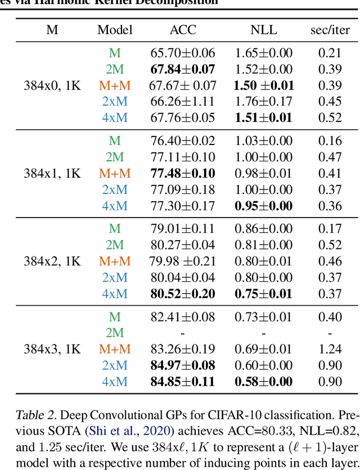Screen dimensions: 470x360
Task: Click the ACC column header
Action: (x=182, y=30)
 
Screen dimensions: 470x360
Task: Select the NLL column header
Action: (x=263, y=30)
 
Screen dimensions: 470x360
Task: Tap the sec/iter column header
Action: (x=330, y=30)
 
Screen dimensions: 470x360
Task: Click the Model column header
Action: (x=115, y=30)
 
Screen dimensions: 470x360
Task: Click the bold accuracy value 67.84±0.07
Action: (x=182, y=69)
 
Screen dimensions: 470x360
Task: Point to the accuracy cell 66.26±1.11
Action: (x=182, y=102)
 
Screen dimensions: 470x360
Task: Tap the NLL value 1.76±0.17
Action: (x=263, y=102)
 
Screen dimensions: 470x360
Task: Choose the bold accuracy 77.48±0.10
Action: (x=182, y=173)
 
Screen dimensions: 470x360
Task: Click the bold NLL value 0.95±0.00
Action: (x=263, y=206)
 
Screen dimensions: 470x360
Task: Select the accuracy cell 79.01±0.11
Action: (x=182, y=228)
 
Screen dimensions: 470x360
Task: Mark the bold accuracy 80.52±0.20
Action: (x=182, y=293)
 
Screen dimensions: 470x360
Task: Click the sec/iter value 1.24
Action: (x=330, y=349)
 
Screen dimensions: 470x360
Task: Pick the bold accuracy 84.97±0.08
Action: (x=182, y=365)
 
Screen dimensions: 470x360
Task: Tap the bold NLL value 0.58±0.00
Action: (x=263, y=382)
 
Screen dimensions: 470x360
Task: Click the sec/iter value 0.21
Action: (x=330, y=53)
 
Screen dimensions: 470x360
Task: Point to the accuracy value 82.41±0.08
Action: (x=182, y=317)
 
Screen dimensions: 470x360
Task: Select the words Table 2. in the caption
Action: (x=35, y=416)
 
